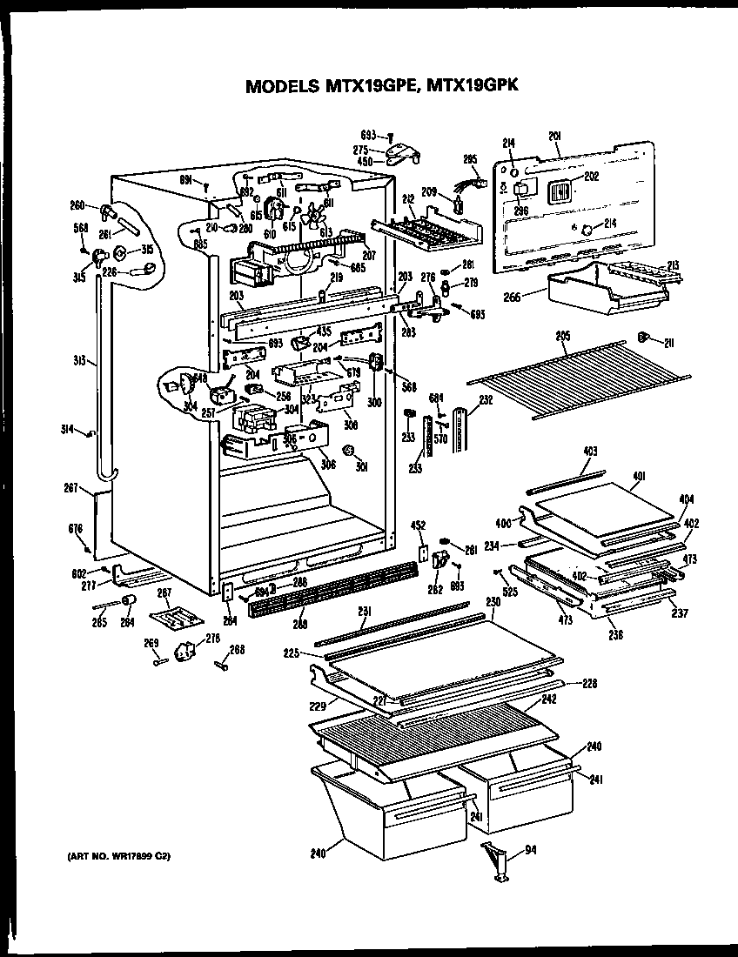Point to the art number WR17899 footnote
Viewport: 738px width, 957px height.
tap(119, 857)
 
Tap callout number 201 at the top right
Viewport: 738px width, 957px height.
tap(554, 134)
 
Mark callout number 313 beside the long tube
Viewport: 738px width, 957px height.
tap(78, 359)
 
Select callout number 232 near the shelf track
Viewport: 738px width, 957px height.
tap(486, 399)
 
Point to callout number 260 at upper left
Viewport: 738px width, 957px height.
tap(77, 205)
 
